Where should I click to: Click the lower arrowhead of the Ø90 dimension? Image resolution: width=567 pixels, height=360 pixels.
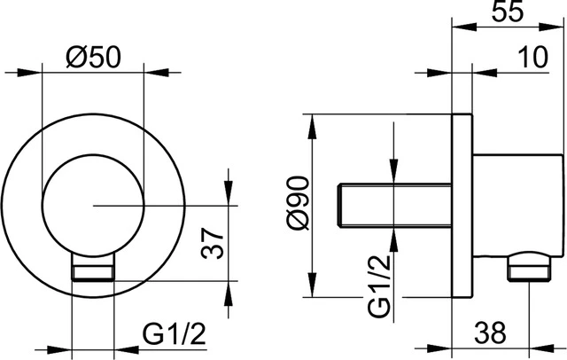[x=310, y=290]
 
